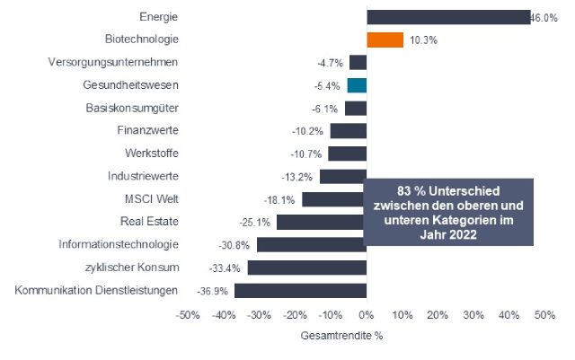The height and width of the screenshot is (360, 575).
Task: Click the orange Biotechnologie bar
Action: tap(385, 40)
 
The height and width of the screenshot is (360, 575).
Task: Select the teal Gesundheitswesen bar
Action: tap(357, 85)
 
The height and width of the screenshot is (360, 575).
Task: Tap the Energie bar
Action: tap(448, 17)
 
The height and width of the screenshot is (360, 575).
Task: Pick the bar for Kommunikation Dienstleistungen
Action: tap(300, 290)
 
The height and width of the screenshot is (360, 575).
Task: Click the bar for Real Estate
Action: tap(321, 222)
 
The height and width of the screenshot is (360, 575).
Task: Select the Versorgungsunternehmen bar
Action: tap(358, 63)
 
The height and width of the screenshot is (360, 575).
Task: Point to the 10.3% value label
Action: tap(423, 40)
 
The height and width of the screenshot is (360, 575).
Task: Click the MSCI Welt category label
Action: tap(152, 198)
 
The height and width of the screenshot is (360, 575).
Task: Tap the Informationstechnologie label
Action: tap(119, 244)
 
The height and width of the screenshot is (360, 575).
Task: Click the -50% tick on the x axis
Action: tap(187, 316)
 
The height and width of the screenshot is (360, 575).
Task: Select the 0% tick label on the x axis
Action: tap(366, 316)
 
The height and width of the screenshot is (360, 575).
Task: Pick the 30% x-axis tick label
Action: tap(473, 316)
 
